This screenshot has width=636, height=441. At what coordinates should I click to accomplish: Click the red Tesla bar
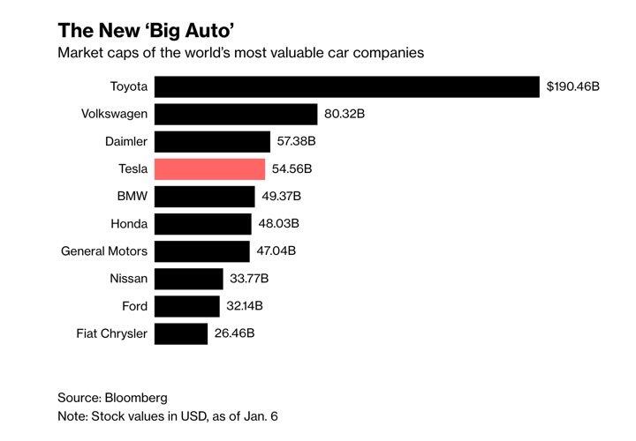coord(209,169)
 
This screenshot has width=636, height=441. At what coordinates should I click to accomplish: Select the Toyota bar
coord(346,86)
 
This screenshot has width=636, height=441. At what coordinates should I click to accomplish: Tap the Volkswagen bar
coord(236,115)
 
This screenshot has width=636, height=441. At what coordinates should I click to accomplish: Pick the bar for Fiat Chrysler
coord(181,334)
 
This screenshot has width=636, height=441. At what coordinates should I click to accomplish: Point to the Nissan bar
coord(189,280)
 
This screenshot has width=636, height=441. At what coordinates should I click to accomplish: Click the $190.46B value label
coord(573,86)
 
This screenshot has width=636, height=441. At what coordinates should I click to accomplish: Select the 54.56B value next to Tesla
coord(292,169)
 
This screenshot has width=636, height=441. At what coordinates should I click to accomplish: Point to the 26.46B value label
coord(235,334)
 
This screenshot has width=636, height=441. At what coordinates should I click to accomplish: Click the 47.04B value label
coord(276,251)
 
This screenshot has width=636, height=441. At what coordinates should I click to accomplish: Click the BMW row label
coord(132,197)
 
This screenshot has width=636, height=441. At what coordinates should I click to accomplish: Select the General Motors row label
coord(104,251)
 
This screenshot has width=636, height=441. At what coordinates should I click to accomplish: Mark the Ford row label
coord(133,307)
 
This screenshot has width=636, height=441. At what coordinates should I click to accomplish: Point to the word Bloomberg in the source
coord(136,398)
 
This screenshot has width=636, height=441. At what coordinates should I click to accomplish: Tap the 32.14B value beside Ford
coord(246,307)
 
